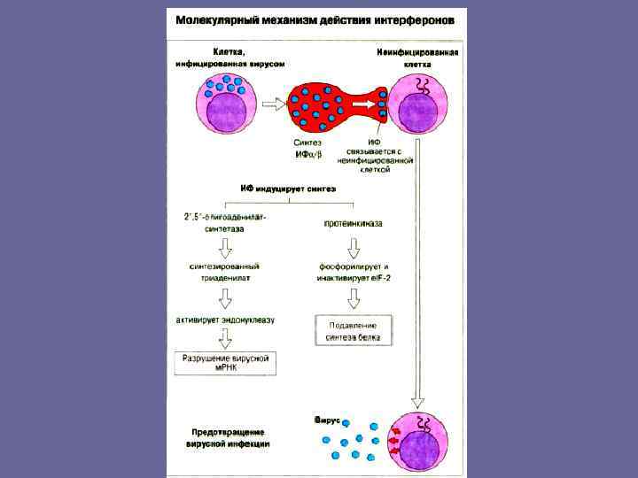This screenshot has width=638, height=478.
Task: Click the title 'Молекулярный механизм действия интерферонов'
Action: click(x=316, y=19)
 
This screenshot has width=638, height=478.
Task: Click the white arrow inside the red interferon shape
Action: click(x=361, y=104)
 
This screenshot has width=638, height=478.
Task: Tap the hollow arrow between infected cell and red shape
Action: click(x=275, y=104)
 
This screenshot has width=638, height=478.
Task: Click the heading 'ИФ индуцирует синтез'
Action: click(x=289, y=189)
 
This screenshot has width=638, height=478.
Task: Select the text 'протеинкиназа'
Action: click(x=352, y=224)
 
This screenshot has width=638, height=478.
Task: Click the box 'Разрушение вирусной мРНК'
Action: click(x=224, y=363)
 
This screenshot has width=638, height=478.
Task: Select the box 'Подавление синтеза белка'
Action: click(x=354, y=330)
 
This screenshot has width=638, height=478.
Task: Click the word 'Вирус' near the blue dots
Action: click(x=327, y=420)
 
